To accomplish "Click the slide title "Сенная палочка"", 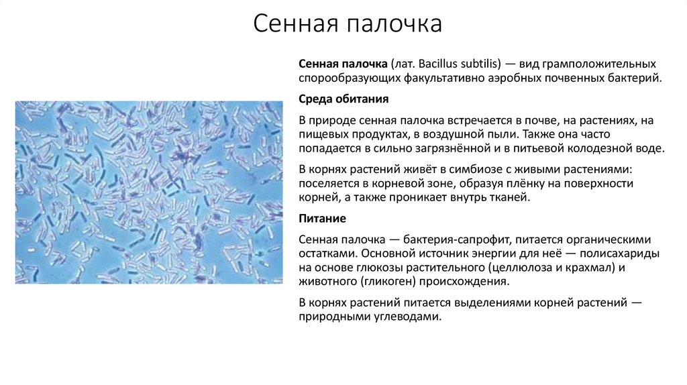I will pos(348,25).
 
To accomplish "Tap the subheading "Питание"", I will pos(322,219).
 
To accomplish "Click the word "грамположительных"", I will pos(601,63).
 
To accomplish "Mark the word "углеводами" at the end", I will pos(409,318).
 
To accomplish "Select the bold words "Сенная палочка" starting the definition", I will pos(341,63).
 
